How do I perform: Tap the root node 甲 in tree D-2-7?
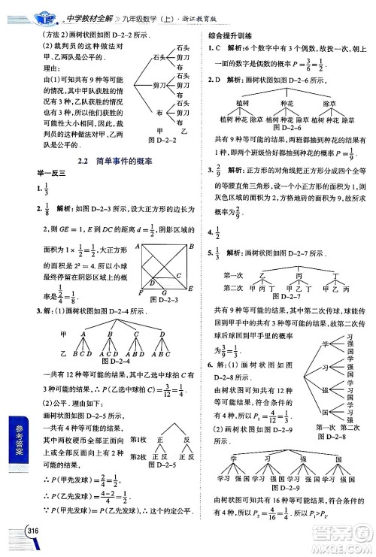tap(280, 266)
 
